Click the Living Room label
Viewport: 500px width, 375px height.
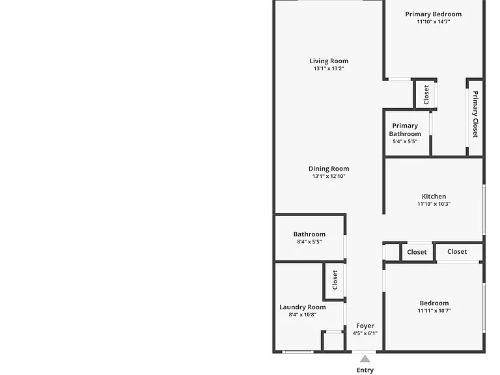tap(329, 61)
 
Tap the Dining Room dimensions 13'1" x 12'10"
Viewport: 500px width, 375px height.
tap(329, 176)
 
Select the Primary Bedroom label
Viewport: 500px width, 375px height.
tap(434, 14)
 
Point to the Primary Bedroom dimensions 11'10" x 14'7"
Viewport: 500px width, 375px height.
tap(434, 21)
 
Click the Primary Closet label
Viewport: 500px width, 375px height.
tap(475, 114)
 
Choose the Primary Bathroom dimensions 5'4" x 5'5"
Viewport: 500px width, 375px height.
tap(405, 141)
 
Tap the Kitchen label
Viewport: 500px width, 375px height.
tap(434, 197)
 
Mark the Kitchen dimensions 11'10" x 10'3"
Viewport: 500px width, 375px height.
tap(434, 204)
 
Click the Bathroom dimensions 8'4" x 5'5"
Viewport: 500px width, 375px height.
tap(309, 242)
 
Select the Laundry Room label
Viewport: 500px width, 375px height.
tap(303, 307)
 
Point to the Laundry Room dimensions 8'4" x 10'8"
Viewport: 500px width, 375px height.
tap(303, 314)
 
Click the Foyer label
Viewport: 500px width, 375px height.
tap(365, 326)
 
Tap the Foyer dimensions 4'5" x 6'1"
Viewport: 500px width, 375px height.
tap(365, 333)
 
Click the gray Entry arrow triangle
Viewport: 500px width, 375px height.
tap(365, 359)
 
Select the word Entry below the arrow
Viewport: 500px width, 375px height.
tap(365, 370)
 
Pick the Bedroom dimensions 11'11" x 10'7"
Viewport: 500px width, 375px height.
tap(434, 311)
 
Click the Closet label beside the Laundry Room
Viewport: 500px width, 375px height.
tap(335, 280)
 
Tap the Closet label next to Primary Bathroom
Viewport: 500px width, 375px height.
tap(426, 94)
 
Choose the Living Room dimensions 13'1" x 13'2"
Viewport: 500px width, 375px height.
tap(329, 68)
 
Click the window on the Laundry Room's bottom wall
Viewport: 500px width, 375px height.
tap(298, 352)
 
